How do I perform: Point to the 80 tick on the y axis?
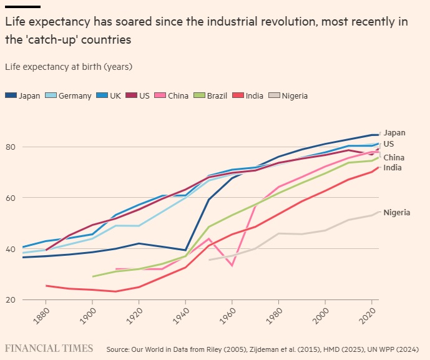[x=10, y=147]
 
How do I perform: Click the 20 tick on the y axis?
[x=10, y=300]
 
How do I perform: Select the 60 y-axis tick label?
[x=10, y=198]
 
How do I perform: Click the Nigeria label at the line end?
[x=396, y=213]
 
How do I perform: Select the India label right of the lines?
[x=392, y=168]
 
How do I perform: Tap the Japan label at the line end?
[x=394, y=132]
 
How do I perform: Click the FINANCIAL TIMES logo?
[x=49, y=348]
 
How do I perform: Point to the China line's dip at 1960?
[x=232, y=265]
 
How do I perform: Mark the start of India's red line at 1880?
[x=47, y=286]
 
